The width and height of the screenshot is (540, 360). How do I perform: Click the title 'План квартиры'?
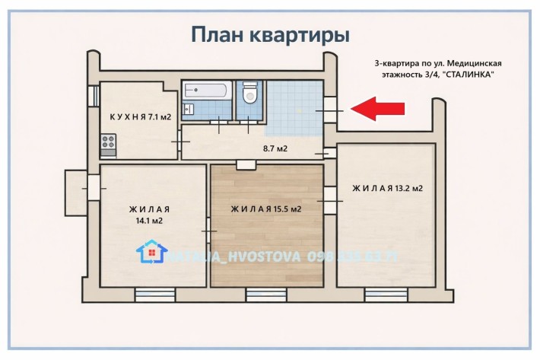[270, 34]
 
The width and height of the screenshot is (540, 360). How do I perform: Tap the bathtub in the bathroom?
[207, 91]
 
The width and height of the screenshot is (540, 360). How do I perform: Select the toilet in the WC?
[249, 95]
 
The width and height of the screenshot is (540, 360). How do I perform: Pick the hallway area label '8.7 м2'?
[275, 148]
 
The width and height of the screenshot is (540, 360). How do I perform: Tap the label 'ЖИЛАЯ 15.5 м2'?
[266, 209]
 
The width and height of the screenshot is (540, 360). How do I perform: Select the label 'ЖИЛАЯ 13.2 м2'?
[387, 188]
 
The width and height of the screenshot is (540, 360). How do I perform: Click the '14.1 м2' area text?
[149, 221]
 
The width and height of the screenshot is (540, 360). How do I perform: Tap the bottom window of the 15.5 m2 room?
[266, 293]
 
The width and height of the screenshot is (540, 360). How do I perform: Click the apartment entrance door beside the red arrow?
[330, 110]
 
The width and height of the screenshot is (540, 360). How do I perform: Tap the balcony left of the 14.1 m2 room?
[78, 185]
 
